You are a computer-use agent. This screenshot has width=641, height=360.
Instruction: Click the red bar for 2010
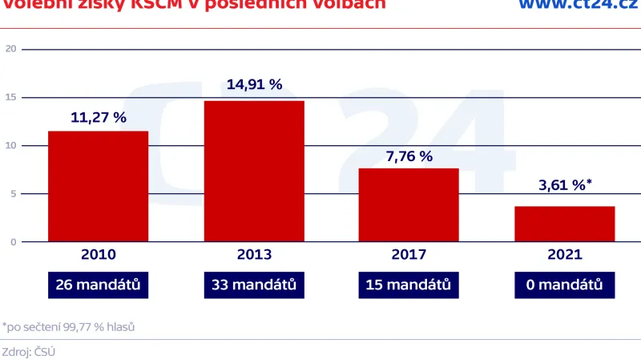click(x=99, y=186)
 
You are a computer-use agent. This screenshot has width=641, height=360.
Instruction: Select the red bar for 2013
click(x=254, y=171)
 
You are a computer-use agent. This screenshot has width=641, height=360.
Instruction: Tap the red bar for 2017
click(x=409, y=204)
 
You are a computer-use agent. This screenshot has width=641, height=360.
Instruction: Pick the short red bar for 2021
click(x=564, y=224)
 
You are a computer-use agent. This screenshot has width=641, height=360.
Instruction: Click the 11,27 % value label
click(x=99, y=117)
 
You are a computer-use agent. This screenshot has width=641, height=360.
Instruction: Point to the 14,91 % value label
click(x=254, y=84)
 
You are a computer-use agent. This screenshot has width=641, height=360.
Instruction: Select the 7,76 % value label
click(x=409, y=156)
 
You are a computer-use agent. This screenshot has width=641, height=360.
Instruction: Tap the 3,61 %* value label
click(x=564, y=186)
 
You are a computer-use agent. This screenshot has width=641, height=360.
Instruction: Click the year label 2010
click(x=99, y=255)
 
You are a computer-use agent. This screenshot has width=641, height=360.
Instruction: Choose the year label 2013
click(x=254, y=255)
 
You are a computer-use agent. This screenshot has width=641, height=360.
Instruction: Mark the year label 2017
click(x=409, y=255)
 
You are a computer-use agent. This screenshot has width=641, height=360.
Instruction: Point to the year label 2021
click(x=564, y=255)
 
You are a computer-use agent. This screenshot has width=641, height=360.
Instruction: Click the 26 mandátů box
click(x=99, y=285)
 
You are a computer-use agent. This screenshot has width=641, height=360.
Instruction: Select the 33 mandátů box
click(x=254, y=285)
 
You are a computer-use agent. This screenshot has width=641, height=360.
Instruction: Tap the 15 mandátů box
click(x=409, y=285)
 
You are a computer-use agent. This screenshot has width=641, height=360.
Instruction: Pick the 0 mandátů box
click(x=564, y=285)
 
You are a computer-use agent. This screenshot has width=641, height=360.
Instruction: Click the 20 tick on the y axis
click(x=10, y=49)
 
